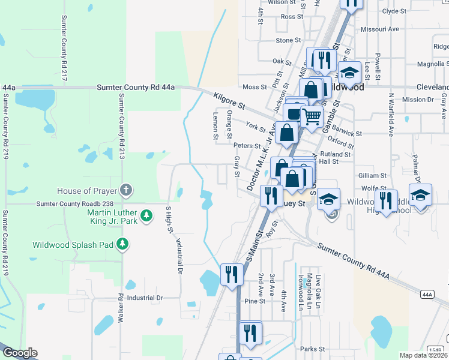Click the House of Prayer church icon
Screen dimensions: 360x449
coord(125,190)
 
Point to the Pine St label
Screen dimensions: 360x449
coord(255,301)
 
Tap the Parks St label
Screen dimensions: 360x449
coord(312,349)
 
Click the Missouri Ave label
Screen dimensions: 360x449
coord(380,29)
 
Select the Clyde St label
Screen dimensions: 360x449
coord(394,11)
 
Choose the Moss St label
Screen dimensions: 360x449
coord(255,87)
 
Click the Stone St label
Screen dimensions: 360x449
coord(288,40)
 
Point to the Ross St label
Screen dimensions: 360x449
coord(292,17)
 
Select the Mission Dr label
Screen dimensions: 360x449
coord(414,100)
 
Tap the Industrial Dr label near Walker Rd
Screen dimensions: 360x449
coord(145,298)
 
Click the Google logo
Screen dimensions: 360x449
coord(19,353)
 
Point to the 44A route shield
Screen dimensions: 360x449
coord(427,295)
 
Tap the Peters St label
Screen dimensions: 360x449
coord(247,146)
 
